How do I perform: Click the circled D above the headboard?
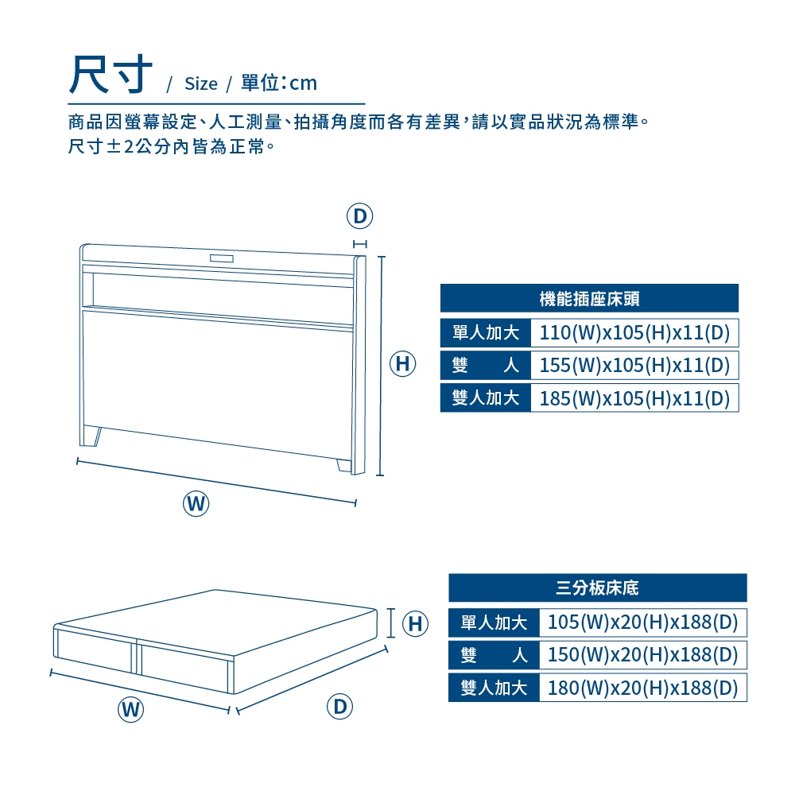pyautogui.click(x=359, y=216)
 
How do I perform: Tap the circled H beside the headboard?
pyautogui.click(x=402, y=363)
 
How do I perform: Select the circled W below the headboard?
pyautogui.click(x=196, y=503)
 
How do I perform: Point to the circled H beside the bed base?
pyautogui.click(x=415, y=623)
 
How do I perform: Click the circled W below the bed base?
pyautogui.click(x=131, y=709)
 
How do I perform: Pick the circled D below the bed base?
pyautogui.click(x=339, y=706)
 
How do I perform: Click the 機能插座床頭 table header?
pyautogui.click(x=589, y=298)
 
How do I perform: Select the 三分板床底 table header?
pyautogui.click(x=598, y=588)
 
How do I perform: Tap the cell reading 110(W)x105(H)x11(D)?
pyautogui.click(x=634, y=332)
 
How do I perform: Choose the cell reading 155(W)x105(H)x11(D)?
pyautogui.click(x=634, y=365)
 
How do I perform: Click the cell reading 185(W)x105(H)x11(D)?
pyautogui.click(x=634, y=398)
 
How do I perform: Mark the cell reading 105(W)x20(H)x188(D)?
pyautogui.click(x=643, y=622)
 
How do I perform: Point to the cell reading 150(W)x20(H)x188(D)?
pyautogui.click(x=643, y=654)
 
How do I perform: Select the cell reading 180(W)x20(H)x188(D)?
pyautogui.click(x=643, y=688)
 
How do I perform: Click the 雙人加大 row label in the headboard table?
pyautogui.click(x=486, y=398)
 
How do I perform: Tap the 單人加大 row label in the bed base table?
pyautogui.click(x=494, y=622)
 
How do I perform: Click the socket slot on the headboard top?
pyautogui.click(x=222, y=258)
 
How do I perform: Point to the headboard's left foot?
pyautogui.click(x=91, y=436)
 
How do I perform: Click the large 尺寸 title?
pyautogui.click(x=111, y=75)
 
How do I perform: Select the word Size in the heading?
pyautogui.click(x=201, y=83)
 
